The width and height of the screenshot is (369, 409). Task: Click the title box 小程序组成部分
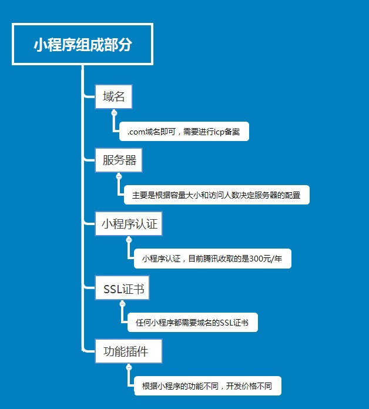[x=82, y=44]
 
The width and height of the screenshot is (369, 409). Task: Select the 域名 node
[x=113, y=96]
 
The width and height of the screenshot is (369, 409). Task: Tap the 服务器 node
[x=119, y=160]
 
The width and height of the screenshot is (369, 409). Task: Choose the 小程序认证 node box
[x=129, y=223]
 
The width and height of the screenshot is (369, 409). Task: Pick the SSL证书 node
[x=122, y=288]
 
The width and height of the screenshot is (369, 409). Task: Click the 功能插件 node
[x=129, y=351]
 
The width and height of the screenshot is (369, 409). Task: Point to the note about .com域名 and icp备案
[x=184, y=132]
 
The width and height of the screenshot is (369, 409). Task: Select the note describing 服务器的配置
[x=217, y=195]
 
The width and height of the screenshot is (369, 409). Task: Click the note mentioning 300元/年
[x=213, y=259]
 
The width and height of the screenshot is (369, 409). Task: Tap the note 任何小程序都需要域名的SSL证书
[x=193, y=323]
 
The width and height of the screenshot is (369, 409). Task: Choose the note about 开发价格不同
[x=207, y=385]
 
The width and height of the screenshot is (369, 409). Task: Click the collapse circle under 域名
[x=114, y=113]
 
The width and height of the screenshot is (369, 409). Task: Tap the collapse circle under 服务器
[x=119, y=177]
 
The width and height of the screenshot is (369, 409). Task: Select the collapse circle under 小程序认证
[x=129, y=240]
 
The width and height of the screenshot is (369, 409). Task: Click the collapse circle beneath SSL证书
[x=123, y=304]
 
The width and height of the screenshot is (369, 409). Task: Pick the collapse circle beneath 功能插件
[x=129, y=367]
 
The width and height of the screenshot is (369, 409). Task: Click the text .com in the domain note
[x=136, y=132]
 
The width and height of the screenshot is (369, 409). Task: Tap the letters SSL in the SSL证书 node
[x=113, y=289]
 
